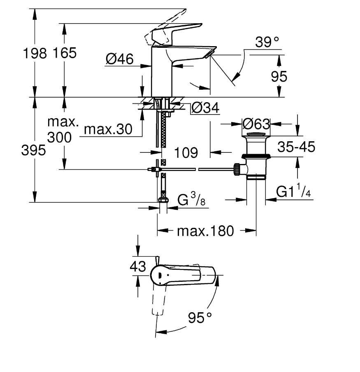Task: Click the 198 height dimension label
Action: [35, 53]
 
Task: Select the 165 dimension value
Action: [65, 53]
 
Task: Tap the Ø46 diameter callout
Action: [120, 59]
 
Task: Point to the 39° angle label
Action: [267, 42]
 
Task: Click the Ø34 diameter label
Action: [205, 108]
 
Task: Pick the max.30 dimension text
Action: [108, 129]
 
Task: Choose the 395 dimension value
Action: [33, 150]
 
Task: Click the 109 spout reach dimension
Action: [186, 152]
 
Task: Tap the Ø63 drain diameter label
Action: [256, 124]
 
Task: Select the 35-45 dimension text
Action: [296, 147]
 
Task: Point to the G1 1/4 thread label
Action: [293, 190]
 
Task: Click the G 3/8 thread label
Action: [191, 199]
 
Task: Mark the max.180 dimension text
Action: [205, 231]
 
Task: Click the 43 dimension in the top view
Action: [138, 267]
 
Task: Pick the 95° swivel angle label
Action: [200, 318]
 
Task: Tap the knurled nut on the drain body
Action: [237, 169]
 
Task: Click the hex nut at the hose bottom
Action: [163, 200]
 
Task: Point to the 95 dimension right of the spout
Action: [279, 77]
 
